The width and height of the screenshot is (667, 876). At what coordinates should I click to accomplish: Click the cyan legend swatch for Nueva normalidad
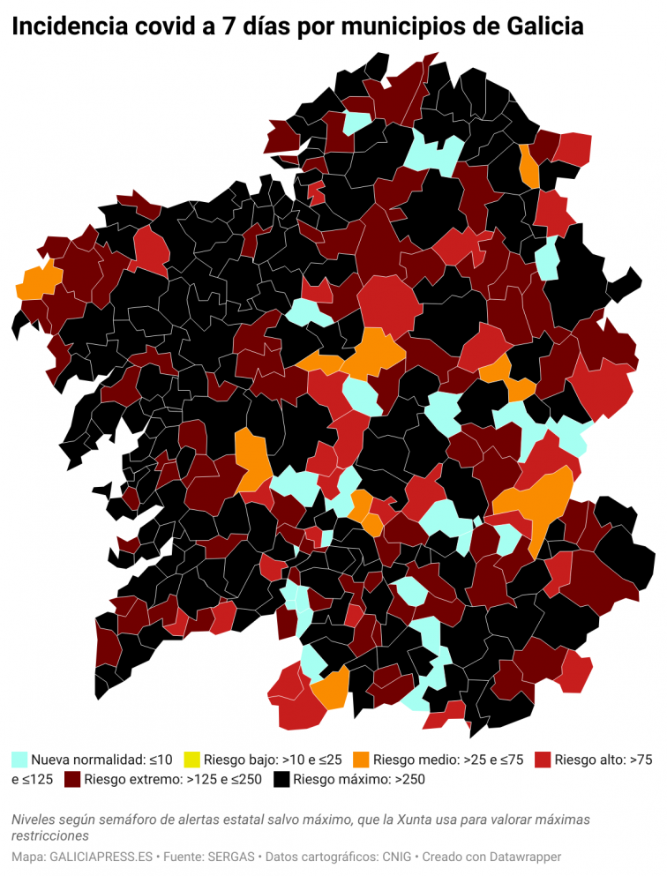(x=19, y=759)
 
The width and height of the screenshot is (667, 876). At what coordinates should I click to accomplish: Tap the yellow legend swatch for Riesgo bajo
(x=191, y=759)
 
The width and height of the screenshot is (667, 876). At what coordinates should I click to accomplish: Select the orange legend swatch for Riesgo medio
(x=361, y=759)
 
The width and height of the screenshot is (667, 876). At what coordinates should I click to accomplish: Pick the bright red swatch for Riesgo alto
(x=543, y=759)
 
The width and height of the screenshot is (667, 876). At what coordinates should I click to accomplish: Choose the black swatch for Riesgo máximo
(x=281, y=780)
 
